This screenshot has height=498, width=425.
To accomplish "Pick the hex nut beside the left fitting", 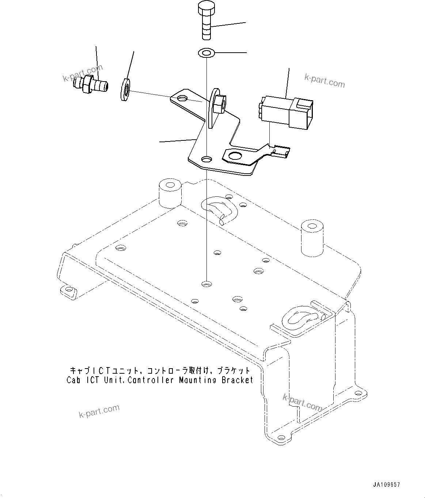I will (x=125, y=88).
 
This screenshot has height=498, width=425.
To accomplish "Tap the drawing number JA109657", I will (x=386, y=485).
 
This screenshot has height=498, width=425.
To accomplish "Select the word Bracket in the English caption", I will (x=237, y=380).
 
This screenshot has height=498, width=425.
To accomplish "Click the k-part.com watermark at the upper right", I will (x=325, y=81).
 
